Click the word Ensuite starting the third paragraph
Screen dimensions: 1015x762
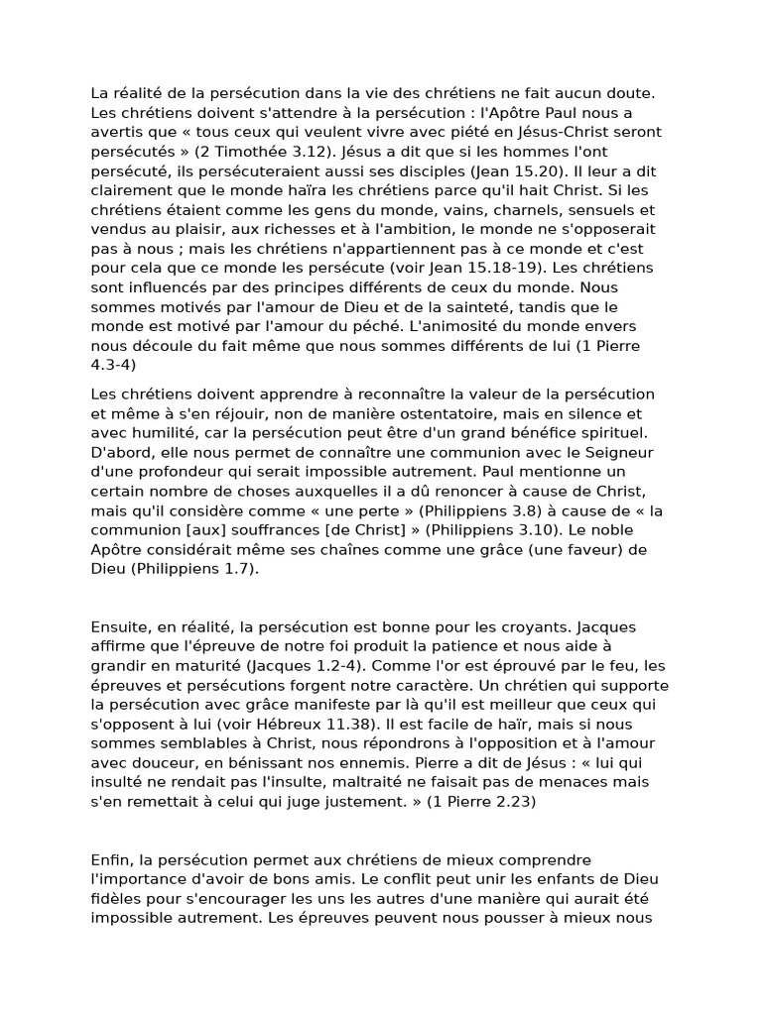coord(120,627)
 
